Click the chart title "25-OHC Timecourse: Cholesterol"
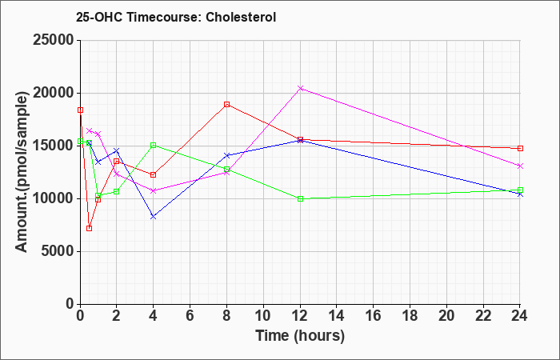[x=176, y=17]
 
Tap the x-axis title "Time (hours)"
[x=300, y=336]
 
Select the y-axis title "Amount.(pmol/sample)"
[x=22, y=172]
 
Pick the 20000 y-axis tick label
[x=54, y=94]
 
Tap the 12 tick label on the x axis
[x=300, y=315]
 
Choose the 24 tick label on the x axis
[x=520, y=315]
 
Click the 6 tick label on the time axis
[x=190, y=315]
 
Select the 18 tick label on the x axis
[x=410, y=315]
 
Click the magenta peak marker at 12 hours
[x=300, y=88]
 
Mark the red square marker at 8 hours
[x=226, y=104]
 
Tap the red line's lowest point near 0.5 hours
[x=90, y=228]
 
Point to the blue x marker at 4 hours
[x=154, y=217]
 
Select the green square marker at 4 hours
[x=154, y=145]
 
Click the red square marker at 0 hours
[x=80, y=110]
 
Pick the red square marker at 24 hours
[x=520, y=148]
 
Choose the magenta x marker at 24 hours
[x=520, y=166]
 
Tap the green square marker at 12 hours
[x=300, y=198]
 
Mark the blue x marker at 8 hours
[x=226, y=155]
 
